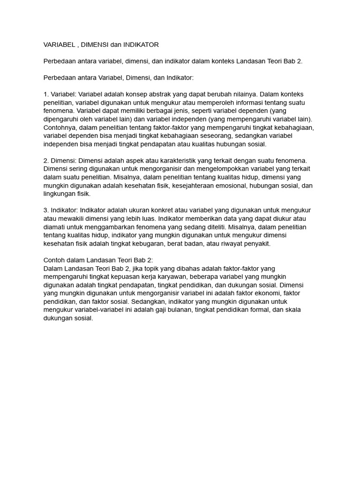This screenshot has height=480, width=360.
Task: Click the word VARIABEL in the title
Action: click(60, 45)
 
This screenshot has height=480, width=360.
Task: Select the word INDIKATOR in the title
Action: click(141, 45)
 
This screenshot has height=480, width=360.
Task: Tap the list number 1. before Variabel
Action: click(46, 93)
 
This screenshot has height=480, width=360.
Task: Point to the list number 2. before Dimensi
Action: click(46, 160)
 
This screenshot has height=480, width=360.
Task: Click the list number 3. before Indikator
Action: click(46, 210)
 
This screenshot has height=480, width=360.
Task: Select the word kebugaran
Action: click(170, 244)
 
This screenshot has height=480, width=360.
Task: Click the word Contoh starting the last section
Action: click(55, 260)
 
